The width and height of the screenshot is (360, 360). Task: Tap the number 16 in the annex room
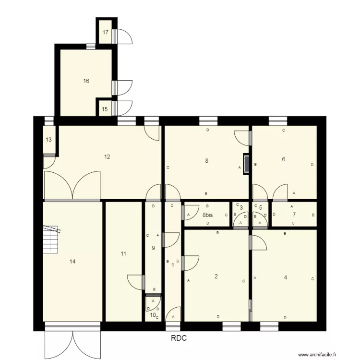pos(86,81)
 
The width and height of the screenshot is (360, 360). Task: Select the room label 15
pos(105,109)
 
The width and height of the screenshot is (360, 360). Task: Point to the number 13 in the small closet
pos(48,140)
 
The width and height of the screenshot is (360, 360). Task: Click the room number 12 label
pos(107,156)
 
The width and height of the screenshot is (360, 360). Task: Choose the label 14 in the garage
pos(72,261)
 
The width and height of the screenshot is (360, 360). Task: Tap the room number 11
pos(123,253)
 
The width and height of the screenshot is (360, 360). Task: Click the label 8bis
pos(207,216)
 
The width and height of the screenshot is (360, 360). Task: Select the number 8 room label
pos(207,161)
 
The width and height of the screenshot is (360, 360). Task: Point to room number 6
pos(284,159)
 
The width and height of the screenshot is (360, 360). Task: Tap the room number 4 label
pos(286,276)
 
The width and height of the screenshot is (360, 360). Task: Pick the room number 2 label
pos(216,276)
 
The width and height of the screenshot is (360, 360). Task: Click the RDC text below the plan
pos(179,338)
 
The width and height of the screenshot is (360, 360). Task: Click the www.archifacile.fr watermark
pos(324,355)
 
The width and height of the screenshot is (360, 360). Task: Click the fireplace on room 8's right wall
pos(247,163)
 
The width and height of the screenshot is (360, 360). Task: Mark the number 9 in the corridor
pos(153,248)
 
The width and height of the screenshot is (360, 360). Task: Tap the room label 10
pos(152,315)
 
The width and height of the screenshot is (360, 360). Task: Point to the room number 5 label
pos(261,208)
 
